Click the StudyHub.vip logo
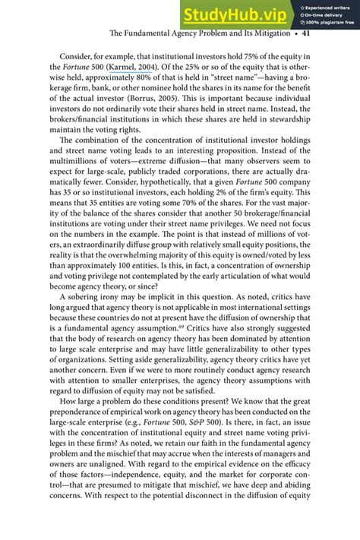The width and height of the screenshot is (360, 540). (x=236, y=14)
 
